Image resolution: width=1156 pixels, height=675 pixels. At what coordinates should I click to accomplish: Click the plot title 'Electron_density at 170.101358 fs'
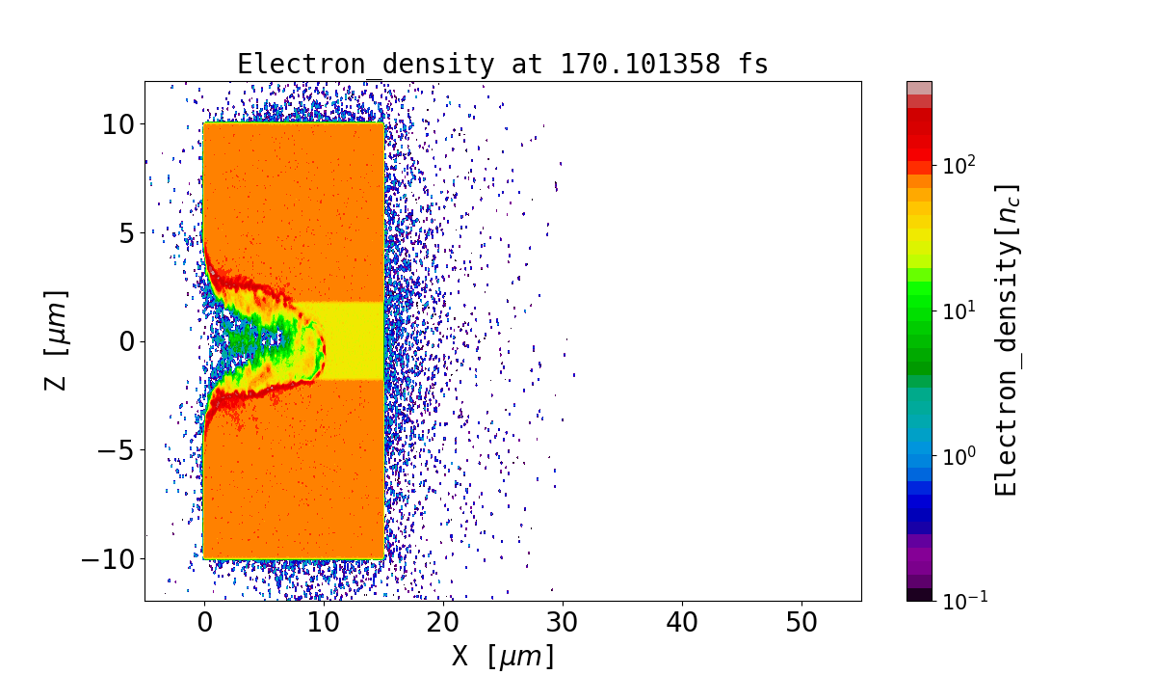[x=503, y=65]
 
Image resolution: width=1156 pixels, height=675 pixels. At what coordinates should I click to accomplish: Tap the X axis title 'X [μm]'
[x=503, y=657]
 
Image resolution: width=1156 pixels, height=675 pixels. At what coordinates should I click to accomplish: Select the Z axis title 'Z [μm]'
[x=56, y=340]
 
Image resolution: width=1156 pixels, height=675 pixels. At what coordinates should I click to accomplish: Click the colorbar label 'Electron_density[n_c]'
[x=1006, y=340]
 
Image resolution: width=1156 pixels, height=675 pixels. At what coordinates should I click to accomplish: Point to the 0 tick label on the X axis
[x=204, y=623]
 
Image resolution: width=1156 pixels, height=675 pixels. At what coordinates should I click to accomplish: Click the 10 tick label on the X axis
[x=324, y=623]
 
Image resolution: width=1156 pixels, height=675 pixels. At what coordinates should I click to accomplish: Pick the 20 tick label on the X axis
[x=443, y=623]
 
